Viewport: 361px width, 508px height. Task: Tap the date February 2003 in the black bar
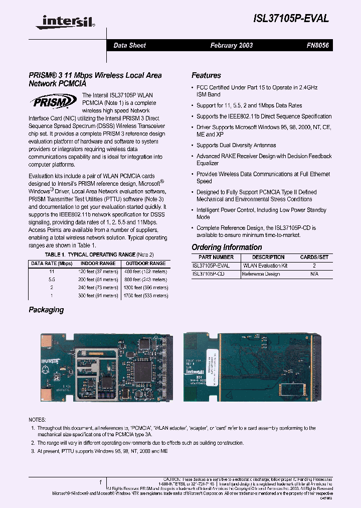231,45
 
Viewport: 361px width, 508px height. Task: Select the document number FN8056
317,45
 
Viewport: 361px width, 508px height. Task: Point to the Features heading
206,75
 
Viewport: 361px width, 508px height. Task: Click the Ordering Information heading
227,247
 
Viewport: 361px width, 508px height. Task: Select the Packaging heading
46,310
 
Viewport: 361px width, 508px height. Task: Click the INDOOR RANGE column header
98,263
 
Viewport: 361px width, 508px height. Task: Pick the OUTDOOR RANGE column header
145,263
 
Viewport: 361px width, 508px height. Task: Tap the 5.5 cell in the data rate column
52,279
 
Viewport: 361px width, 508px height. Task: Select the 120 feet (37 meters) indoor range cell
98,271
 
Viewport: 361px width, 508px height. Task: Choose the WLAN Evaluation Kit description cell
265,266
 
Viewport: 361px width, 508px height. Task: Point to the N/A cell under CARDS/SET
314,274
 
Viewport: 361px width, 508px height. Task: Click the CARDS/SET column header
314,257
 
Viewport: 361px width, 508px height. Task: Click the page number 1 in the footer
101,481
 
